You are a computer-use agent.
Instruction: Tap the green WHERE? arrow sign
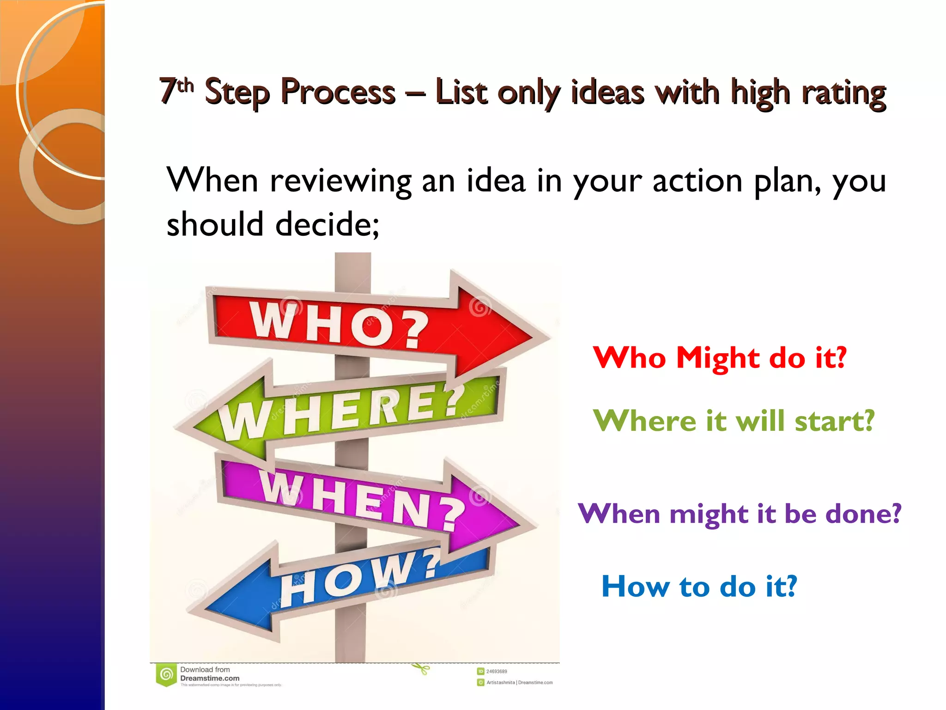tap(342, 411)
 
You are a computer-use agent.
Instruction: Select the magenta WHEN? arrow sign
tap(365, 499)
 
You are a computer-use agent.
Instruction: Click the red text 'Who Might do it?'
tap(720, 358)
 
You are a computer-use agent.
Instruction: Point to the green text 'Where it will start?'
tap(734, 421)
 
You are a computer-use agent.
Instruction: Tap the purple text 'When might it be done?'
tap(739, 514)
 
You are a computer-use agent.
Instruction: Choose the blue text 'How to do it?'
tap(699, 587)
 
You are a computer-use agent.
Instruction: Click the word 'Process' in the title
tap(338, 92)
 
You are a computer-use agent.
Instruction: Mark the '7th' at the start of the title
tap(176, 89)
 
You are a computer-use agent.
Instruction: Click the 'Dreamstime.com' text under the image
tap(210, 678)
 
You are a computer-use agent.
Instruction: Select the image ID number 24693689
tap(497, 671)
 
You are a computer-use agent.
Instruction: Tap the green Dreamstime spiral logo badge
tap(166, 674)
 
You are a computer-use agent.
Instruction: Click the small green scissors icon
tap(420, 668)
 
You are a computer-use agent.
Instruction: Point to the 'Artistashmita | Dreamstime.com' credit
tap(519, 682)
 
